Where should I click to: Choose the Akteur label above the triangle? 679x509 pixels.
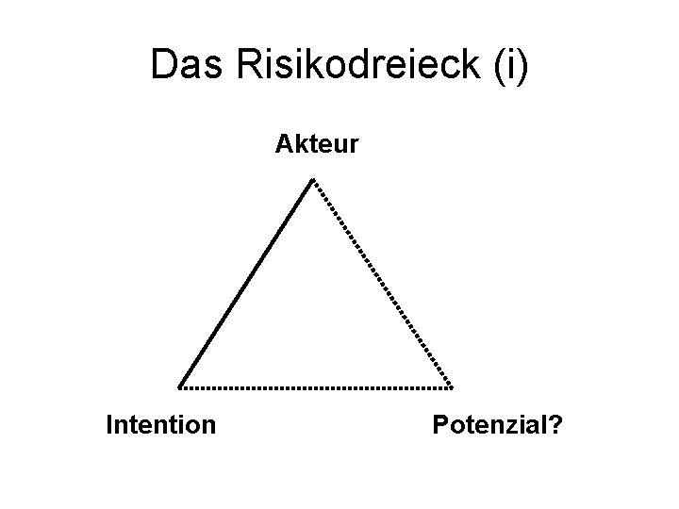pos(316,144)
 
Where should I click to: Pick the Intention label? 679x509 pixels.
pos(161,425)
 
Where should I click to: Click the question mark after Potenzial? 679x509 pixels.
pos(557,425)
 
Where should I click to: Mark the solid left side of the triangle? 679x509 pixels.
pos(245,283)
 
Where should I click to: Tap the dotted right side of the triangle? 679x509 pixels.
pos(382,283)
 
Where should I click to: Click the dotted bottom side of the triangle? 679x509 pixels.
pos(316,387)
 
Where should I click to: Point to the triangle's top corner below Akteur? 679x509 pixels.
pos(313,179)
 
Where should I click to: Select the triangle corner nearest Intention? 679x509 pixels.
pos(180,386)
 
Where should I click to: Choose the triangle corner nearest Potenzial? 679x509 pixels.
pos(451,386)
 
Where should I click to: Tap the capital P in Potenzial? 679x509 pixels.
pos(440,425)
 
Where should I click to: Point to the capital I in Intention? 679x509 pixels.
pos(110,425)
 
